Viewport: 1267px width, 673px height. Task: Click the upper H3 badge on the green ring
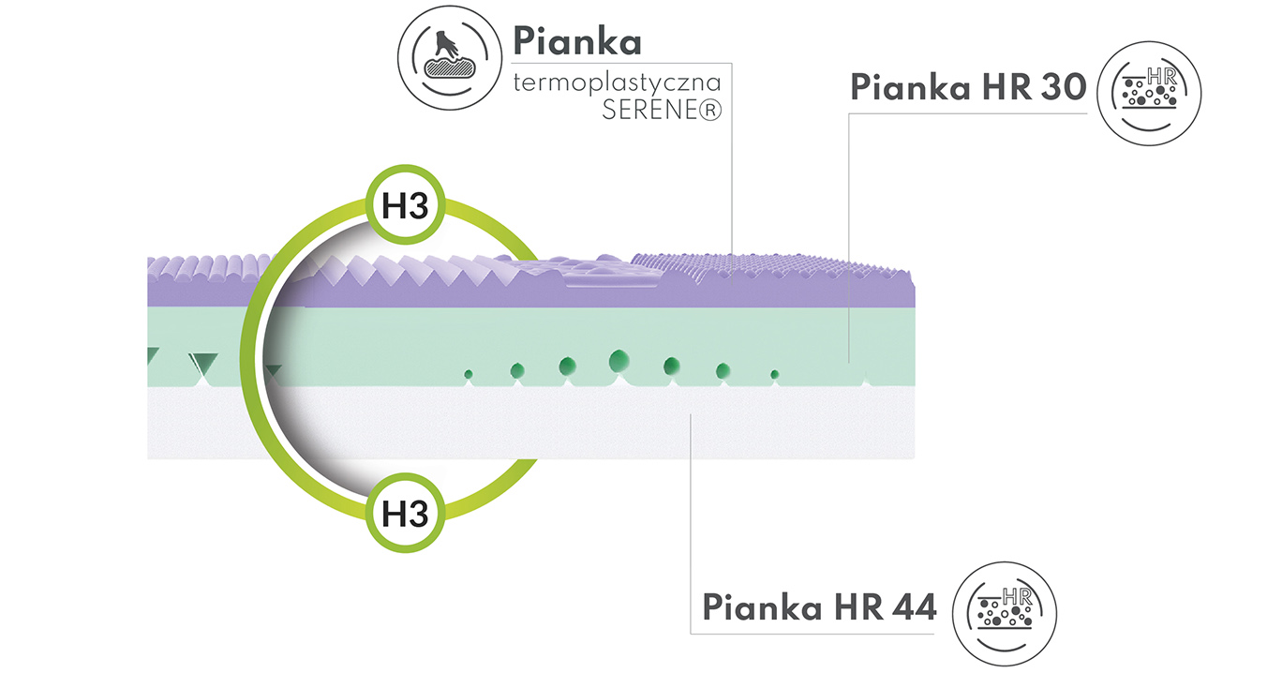[405, 204]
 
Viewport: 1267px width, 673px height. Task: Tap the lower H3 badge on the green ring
[405, 513]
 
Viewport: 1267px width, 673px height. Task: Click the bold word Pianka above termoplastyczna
[577, 40]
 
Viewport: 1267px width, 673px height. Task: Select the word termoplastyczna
[617, 83]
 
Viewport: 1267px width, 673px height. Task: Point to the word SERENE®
[662, 110]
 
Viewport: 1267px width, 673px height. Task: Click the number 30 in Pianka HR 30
[1064, 87]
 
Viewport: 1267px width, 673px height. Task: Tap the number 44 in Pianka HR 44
[914, 607]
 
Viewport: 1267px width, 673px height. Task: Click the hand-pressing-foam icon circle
[450, 57]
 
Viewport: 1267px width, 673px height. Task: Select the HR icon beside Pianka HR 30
[1149, 94]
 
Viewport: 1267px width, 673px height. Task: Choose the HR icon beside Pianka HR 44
[1005, 614]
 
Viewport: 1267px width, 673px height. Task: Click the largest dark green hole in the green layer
[619, 361]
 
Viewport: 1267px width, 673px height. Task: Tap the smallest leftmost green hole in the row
[469, 374]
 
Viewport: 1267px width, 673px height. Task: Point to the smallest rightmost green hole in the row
[775, 374]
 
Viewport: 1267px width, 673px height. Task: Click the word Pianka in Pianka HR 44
[763, 607]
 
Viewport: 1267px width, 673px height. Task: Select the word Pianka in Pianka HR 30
[911, 87]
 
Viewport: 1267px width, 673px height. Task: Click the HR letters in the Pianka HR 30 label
[1006, 87]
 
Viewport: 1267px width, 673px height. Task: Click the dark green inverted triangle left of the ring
[204, 363]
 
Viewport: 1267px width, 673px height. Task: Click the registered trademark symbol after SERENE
[710, 111]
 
